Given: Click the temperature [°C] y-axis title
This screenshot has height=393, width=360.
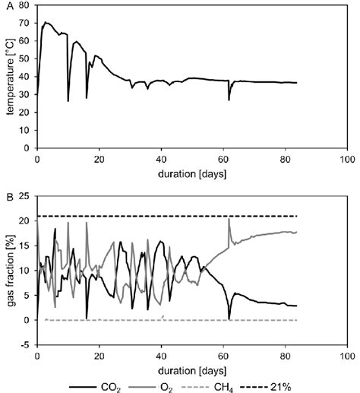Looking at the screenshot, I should [9, 79].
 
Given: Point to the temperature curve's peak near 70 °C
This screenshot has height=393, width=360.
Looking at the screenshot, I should [46, 23].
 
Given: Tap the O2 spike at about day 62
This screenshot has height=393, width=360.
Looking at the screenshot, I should [229, 220].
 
